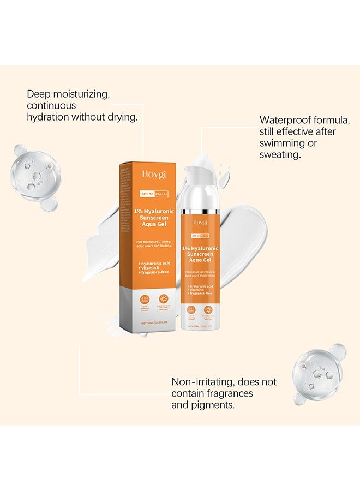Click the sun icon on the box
[163, 298]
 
